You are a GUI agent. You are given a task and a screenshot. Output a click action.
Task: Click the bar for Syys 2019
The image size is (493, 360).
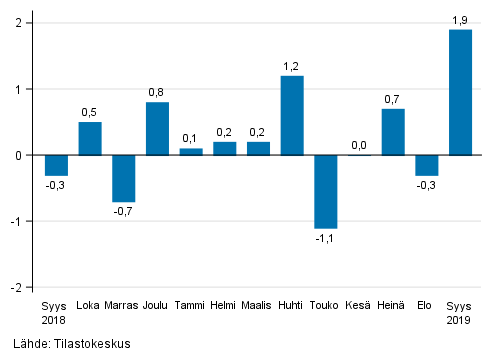460,92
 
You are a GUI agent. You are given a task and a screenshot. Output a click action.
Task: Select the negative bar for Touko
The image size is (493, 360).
326,191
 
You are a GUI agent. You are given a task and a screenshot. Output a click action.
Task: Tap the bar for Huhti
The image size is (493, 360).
292,115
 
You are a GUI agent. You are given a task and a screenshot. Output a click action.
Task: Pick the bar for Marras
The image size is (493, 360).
123,178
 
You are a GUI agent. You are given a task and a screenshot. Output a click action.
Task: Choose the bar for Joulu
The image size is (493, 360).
157,128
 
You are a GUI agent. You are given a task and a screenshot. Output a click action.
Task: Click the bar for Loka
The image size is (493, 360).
90,138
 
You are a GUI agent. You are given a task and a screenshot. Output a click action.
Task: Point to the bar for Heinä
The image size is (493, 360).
393,132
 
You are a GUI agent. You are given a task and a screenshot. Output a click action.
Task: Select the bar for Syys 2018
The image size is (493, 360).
56,165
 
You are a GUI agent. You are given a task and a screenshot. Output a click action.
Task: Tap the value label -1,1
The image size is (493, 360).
325,239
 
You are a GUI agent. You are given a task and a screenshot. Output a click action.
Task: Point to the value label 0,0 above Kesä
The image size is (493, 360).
359,145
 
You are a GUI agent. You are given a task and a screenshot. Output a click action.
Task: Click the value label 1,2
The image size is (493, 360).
292,66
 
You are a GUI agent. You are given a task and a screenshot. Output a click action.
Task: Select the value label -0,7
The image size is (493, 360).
123,212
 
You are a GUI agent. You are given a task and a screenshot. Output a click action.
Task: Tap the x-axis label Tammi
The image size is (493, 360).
190,306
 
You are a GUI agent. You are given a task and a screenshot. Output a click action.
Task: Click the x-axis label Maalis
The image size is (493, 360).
258,306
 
